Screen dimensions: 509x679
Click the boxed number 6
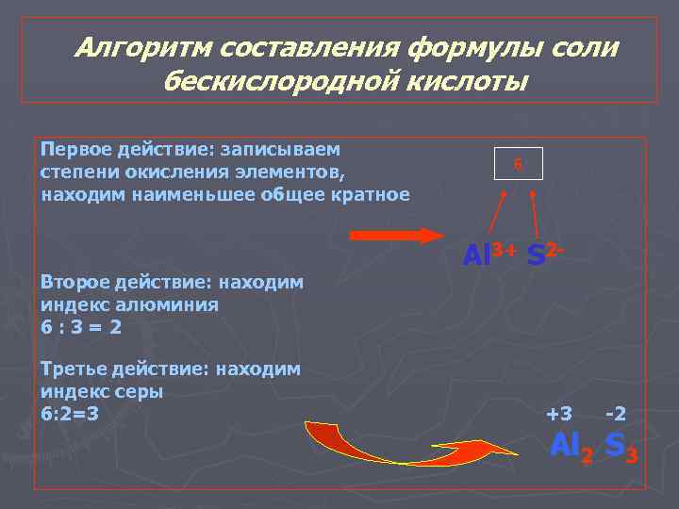[518, 164]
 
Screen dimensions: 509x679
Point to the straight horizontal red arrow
[397, 236]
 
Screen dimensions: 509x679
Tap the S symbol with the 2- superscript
[537, 255]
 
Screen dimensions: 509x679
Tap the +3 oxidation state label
[559, 413]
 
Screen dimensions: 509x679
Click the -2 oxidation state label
[616, 413]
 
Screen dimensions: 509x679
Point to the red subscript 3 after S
[632, 456]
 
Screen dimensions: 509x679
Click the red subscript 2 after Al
[587, 456]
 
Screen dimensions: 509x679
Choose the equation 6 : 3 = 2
[82, 326]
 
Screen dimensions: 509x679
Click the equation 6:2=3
[70, 413]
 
